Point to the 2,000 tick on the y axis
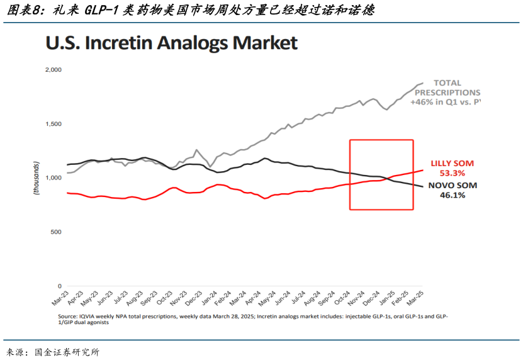pos(52,69)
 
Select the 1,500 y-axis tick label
pos(52,124)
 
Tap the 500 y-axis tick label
pos(55,232)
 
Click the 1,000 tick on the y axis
pos(52,178)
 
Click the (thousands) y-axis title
pos(37,177)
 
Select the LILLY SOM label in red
pos(451,163)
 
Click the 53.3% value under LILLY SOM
pos(451,172)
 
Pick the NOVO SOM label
pos(453,186)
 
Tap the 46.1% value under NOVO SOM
pos(452,196)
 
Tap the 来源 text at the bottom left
pos(14,352)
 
